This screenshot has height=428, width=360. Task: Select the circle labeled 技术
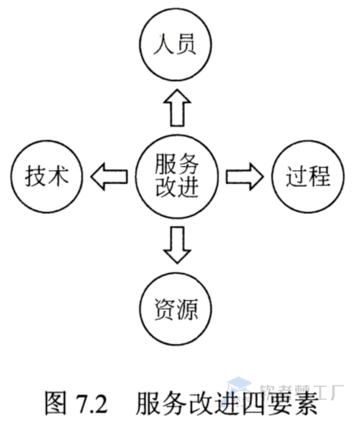[x=46, y=178]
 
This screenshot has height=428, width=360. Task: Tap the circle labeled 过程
[x=307, y=178]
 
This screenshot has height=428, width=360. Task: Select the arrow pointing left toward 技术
[x=108, y=178]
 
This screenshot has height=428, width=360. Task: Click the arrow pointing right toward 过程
[x=244, y=178]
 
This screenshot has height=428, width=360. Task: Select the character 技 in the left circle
[x=34, y=178]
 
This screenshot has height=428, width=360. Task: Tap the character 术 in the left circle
[x=57, y=178]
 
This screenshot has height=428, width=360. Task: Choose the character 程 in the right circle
[x=319, y=178]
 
